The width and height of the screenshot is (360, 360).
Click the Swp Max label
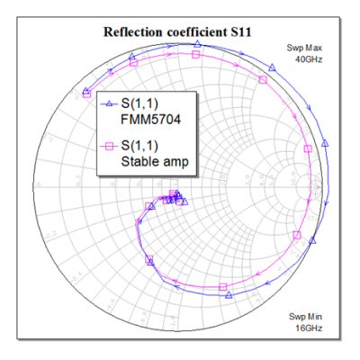tap(304, 48)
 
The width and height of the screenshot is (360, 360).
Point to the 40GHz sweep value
tap(309, 59)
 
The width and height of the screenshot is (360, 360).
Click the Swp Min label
tap(306, 317)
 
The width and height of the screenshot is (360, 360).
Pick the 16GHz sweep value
tap(309, 328)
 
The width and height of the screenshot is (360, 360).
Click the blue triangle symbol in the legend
tap(110, 103)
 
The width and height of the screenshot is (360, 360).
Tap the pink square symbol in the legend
tap(110, 146)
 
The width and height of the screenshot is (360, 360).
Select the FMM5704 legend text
tap(151, 120)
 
